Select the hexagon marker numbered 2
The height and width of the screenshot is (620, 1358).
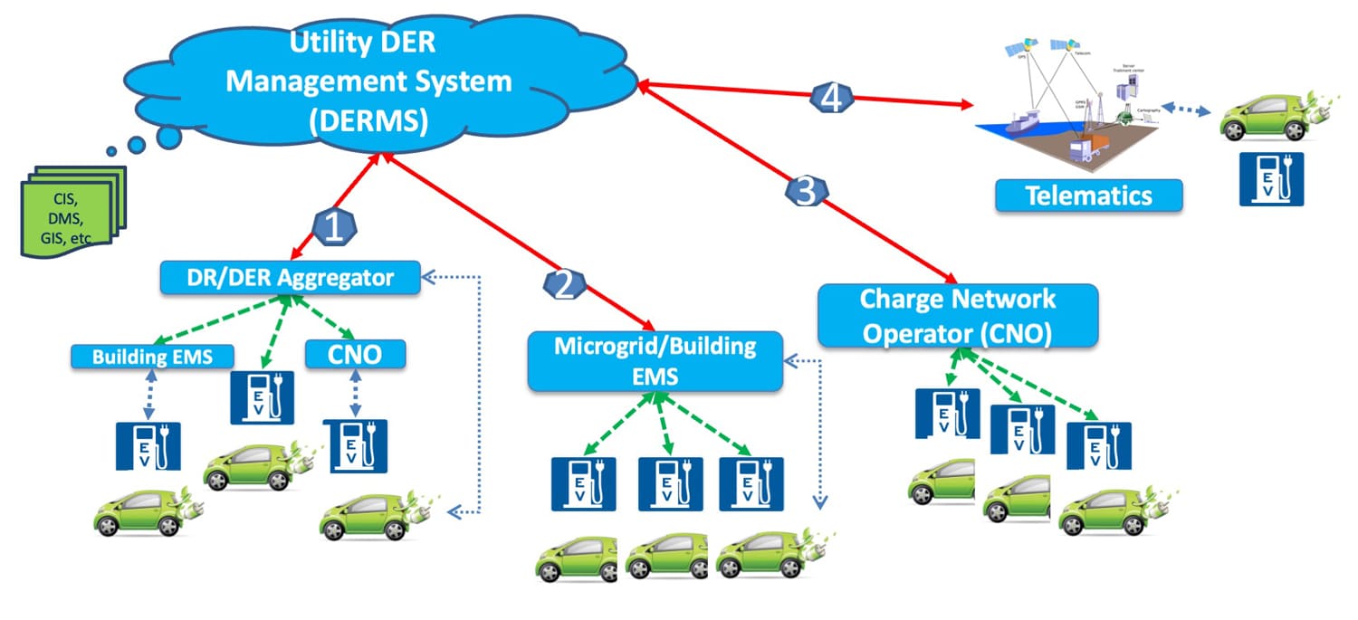[563, 285]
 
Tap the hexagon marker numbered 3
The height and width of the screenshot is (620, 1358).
[805, 190]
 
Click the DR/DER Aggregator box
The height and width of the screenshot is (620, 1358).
[291, 277]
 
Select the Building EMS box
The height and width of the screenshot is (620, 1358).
[152, 357]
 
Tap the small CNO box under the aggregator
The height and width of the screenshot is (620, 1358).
[355, 355]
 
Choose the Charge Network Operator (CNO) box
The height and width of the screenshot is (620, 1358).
[957, 316]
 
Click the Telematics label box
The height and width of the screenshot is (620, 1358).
[1088, 196]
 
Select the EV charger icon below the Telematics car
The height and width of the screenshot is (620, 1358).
[1271, 178]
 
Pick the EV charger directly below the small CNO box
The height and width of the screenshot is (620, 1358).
[354, 445]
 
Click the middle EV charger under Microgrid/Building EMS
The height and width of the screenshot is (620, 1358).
[670, 483]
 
